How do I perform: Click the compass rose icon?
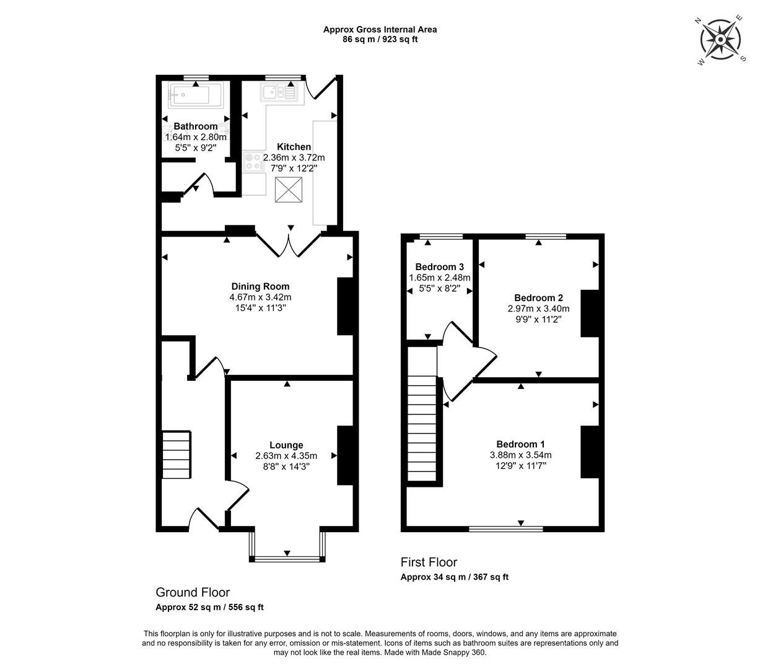(x=720, y=40)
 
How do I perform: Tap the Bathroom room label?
(x=196, y=126)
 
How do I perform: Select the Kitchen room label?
(x=294, y=147)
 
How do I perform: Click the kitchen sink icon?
(x=279, y=92)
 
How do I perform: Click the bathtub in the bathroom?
(x=196, y=95)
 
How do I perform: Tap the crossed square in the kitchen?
(x=289, y=190)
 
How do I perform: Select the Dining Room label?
(x=260, y=286)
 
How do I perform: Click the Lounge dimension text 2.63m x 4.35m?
(x=286, y=456)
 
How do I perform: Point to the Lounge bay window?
(x=287, y=546)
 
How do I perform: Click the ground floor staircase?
(x=177, y=455)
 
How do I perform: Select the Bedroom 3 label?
(x=440, y=267)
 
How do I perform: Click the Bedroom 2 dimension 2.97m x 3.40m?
(x=539, y=309)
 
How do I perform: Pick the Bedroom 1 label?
(x=521, y=444)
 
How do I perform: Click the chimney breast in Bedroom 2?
(x=590, y=313)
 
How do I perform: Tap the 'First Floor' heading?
(x=429, y=562)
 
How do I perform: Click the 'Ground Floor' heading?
(x=193, y=592)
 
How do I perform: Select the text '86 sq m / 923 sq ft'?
(x=380, y=40)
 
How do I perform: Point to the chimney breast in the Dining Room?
(x=346, y=306)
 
